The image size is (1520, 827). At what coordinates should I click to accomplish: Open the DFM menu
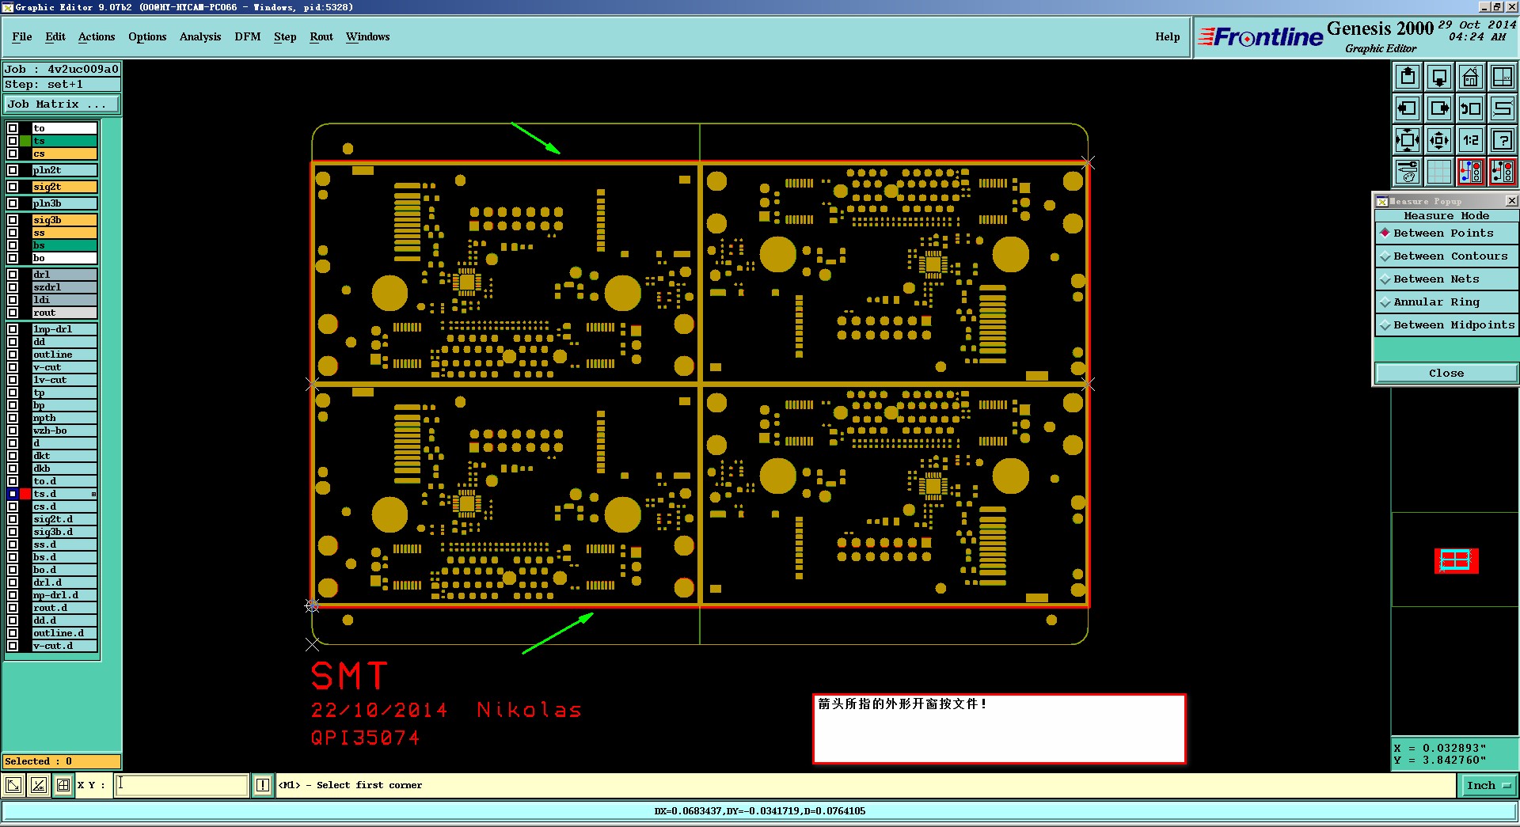(x=247, y=36)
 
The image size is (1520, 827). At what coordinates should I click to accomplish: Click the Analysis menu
(x=200, y=36)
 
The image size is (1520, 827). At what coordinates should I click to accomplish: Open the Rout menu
(x=321, y=36)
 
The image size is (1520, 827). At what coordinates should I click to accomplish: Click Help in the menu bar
(x=1167, y=36)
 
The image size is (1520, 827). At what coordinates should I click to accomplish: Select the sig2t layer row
(x=64, y=187)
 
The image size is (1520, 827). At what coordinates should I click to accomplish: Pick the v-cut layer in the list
(x=64, y=367)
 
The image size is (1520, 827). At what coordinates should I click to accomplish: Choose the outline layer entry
(x=64, y=355)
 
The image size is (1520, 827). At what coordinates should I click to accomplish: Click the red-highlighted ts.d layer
(x=64, y=494)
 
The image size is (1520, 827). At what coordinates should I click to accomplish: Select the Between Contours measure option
(x=1450, y=256)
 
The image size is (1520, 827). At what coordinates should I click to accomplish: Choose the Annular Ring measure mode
(x=1436, y=302)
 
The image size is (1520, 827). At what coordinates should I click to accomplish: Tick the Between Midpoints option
(x=1453, y=324)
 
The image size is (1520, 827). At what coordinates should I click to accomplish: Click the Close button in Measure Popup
(x=1446, y=373)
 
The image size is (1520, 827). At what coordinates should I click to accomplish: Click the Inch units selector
(x=1488, y=785)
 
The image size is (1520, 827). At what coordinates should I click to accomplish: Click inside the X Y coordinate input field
(x=182, y=785)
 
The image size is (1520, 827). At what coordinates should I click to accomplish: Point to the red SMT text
(x=349, y=677)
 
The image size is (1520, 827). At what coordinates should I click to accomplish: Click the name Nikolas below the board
(x=529, y=710)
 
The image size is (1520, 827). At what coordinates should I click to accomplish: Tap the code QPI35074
(x=365, y=738)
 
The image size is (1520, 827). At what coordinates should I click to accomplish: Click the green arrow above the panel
(x=536, y=138)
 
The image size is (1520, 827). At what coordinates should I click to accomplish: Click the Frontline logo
(x=1260, y=36)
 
